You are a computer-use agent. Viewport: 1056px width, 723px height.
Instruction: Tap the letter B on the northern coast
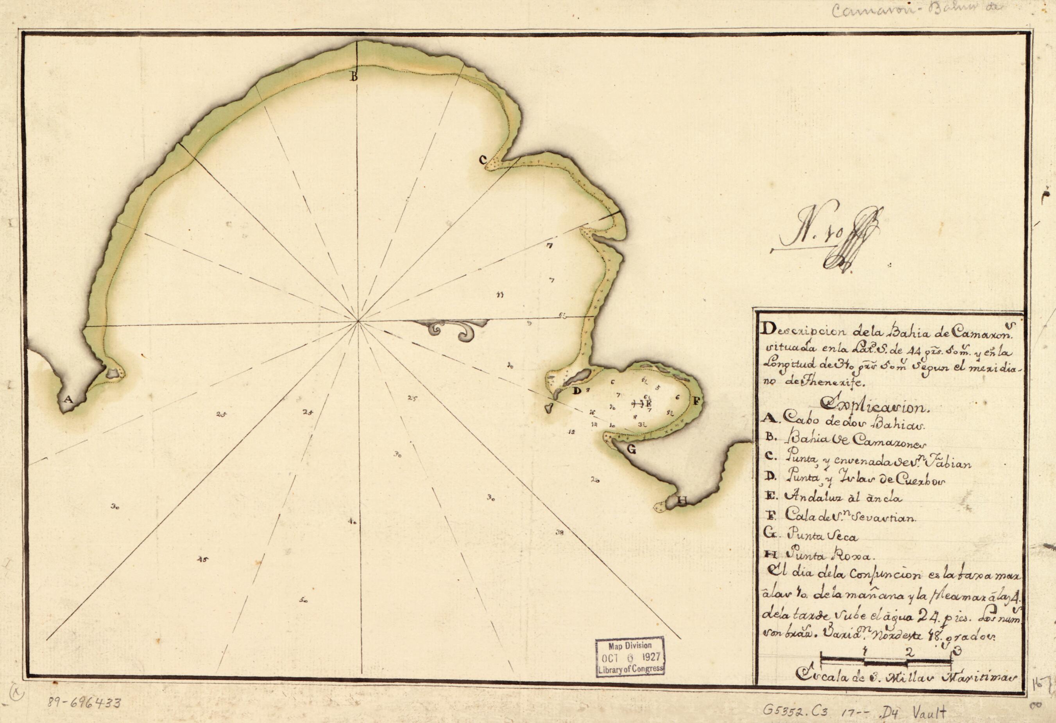click(354, 77)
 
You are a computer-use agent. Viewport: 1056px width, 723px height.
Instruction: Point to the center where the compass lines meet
click(358, 321)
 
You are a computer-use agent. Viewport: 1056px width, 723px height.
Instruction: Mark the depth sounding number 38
click(559, 533)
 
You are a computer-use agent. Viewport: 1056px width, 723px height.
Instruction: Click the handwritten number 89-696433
click(84, 703)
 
